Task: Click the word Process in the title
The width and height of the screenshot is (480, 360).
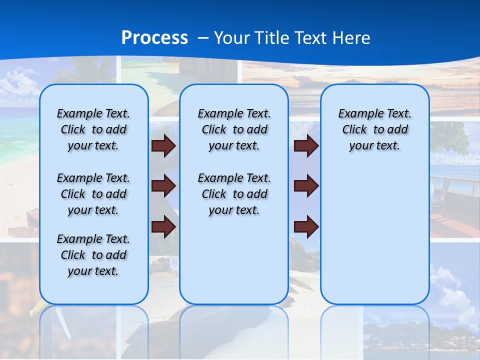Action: click(x=154, y=37)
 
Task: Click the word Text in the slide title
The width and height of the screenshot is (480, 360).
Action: click(x=310, y=37)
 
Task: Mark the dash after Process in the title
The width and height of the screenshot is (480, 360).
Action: click(x=202, y=38)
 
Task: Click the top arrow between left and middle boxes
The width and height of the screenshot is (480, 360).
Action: click(x=163, y=145)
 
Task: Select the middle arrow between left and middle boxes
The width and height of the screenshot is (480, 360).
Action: click(x=163, y=186)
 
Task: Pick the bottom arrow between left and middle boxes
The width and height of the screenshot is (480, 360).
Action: click(x=163, y=226)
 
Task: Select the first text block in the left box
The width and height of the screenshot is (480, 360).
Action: click(x=93, y=129)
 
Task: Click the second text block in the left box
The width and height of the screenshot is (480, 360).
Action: click(x=93, y=194)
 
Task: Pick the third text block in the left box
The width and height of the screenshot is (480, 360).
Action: click(x=93, y=255)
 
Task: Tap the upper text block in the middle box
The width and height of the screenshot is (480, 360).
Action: click(x=234, y=129)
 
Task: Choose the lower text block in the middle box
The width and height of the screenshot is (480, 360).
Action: click(x=234, y=194)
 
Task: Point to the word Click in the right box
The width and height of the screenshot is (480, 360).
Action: click(x=354, y=129)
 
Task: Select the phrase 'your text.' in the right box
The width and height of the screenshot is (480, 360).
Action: click(x=374, y=145)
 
